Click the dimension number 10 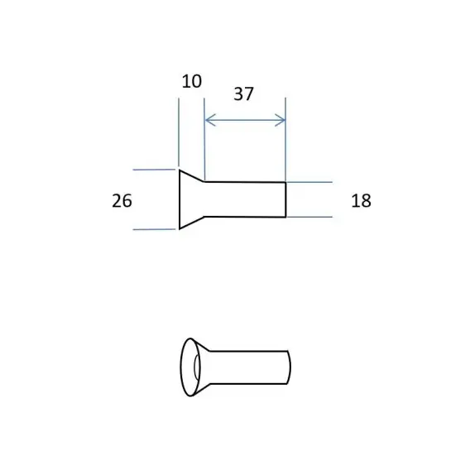click(x=192, y=81)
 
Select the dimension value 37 click(x=244, y=94)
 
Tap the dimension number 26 click(x=122, y=201)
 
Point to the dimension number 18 click(x=362, y=201)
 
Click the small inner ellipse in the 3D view click(x=196, y=367)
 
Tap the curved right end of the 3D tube click(x=290, y=367)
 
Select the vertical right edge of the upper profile click(x=285, y=199)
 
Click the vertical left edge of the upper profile click(x=180, y=199)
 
